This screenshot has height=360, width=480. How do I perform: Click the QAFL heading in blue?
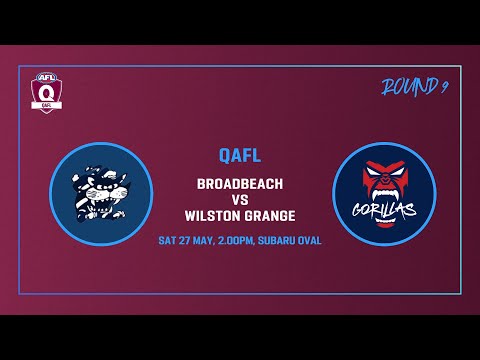point(240,155)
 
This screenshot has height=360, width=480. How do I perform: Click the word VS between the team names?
point(240,199)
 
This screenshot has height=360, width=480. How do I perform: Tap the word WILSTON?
point(212,215)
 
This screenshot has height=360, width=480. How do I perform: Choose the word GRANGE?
point(269,215)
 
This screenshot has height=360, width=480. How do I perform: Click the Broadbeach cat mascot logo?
point(100,193)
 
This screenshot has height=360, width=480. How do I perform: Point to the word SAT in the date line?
point(168,241)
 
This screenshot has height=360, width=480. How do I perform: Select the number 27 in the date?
point(187,241)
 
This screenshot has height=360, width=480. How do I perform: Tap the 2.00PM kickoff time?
point(238,241)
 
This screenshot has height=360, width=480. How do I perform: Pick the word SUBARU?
point(281,241)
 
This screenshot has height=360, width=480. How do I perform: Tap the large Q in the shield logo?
point(45,92)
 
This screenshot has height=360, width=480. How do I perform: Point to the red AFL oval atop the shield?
point(45,75)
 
